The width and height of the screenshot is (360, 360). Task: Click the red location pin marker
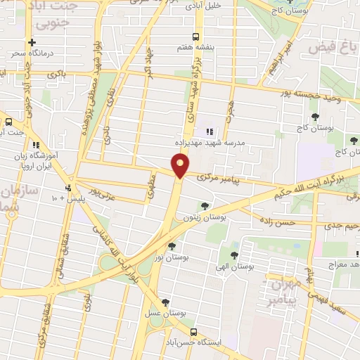[181, 165]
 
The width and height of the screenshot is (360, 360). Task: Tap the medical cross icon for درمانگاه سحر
[32, 43]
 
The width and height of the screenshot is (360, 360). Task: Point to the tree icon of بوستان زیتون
[205, 206]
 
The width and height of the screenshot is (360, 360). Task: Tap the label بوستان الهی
[234, 268]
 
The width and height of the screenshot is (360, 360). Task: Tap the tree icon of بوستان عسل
[165, 302]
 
